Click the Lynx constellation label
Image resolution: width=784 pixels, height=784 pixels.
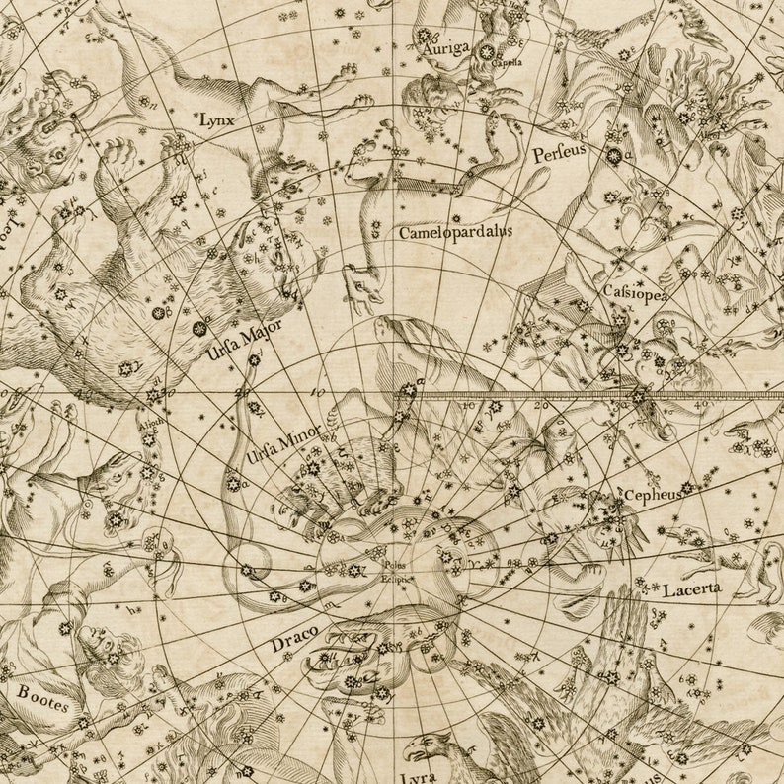(216, 119)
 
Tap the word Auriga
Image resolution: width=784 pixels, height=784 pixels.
(440, 47)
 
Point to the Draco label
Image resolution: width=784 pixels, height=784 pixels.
(293, 642)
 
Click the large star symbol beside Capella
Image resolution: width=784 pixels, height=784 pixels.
(486, 52)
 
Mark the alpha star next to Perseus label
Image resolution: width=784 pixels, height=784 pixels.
(614, 154)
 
